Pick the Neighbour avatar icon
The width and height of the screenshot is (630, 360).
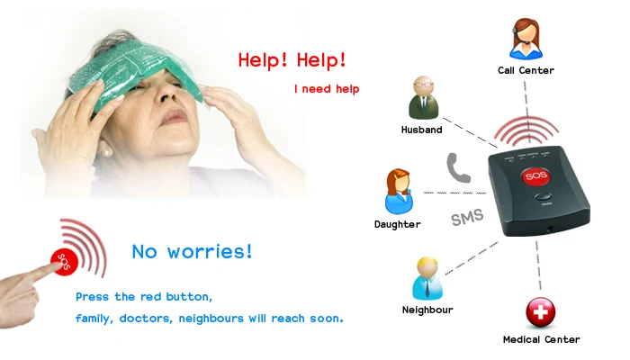point(427,278)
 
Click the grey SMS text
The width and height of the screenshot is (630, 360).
point(468,217)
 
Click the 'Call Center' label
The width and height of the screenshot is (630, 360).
point(526,70)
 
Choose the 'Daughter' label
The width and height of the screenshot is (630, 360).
point(397,224)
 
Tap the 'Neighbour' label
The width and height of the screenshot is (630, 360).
point(427,310)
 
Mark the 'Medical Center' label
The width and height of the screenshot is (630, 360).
point(541,339)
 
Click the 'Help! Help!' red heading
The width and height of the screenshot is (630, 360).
point(292,60)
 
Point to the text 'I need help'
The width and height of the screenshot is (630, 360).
point(327,89)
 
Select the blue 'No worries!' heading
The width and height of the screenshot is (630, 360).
point(192,251)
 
